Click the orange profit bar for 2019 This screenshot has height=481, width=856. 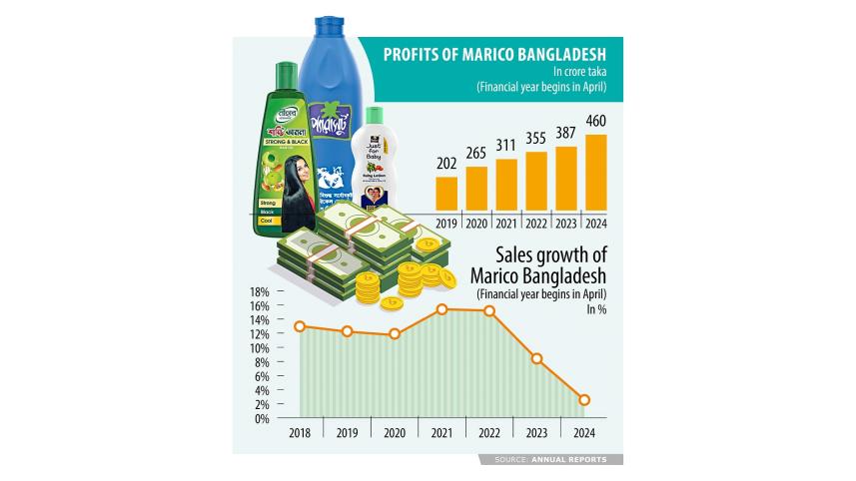446,195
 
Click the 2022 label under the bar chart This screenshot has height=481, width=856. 535,224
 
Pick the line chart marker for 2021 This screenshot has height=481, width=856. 441,309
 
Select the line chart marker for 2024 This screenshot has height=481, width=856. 584,400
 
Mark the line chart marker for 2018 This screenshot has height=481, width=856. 300,326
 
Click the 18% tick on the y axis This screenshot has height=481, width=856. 260,292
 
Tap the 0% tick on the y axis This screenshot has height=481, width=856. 262,419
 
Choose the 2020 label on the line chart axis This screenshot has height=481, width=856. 394,434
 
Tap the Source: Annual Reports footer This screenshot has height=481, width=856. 556,460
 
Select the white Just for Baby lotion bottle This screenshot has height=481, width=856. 376,165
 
